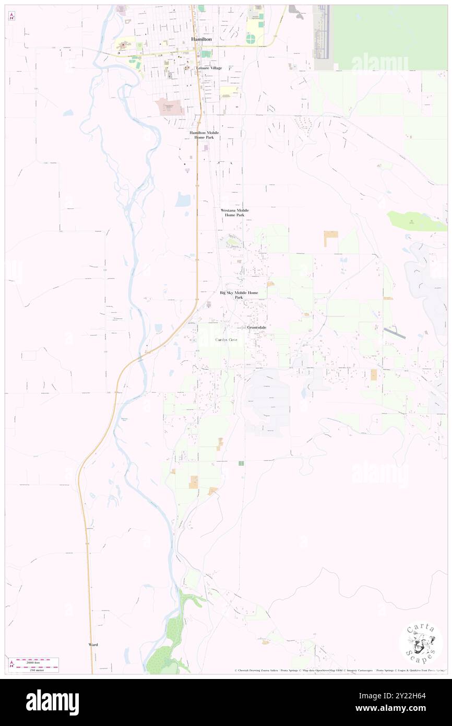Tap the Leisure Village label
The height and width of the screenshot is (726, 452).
[209, 68]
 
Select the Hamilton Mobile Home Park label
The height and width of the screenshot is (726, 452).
[204, 135]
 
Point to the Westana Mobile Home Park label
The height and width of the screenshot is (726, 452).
[234, 213]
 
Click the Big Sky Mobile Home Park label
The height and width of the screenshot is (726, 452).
[239, 295]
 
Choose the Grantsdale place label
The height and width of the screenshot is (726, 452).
[256, 327]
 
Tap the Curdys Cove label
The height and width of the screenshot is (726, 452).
[227, 339]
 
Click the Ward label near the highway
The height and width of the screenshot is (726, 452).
[93, 645]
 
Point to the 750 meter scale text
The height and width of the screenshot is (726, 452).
[36, 669]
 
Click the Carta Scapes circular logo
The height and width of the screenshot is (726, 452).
[421, 643]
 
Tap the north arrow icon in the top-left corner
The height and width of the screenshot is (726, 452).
[12, 16]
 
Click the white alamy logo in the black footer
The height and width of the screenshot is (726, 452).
[52, 702]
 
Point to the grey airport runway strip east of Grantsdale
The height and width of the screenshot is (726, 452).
[394, 333]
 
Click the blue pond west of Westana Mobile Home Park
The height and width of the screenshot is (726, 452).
[183, 200]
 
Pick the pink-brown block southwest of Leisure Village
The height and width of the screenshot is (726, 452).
[169, 107]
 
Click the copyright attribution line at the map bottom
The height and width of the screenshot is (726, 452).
[339, 670]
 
